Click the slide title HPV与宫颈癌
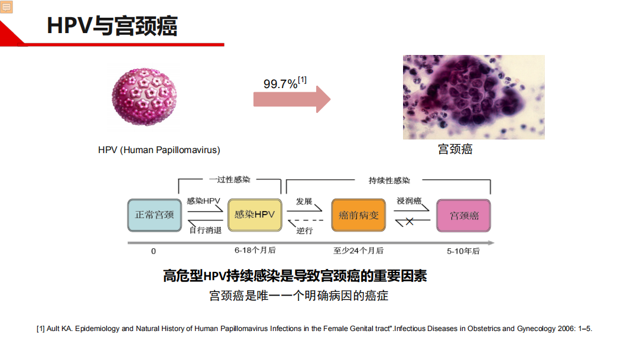112,26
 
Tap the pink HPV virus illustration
145,97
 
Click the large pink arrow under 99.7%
292,99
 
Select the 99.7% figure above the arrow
281,84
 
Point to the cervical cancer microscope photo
473,97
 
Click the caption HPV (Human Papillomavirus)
159,150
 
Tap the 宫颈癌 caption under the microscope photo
455,149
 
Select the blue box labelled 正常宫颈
155,215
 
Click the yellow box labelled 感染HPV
255,215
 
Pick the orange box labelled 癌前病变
358,215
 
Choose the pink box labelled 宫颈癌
464,216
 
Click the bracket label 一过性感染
230,180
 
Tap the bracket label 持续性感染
389,180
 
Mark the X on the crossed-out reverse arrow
410,221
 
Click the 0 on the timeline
154,251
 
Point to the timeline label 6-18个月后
255,250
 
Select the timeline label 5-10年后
463,251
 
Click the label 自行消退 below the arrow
205,230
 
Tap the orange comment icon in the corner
7,7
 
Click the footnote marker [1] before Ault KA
40,329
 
